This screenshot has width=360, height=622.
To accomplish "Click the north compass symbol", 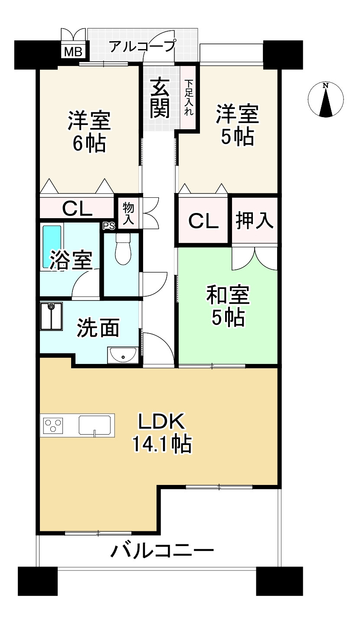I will click(x=325, y=99).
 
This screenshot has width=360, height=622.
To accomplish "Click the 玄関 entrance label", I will click(x=160, y=98).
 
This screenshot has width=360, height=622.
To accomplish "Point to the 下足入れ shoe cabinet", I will click(x=189, y=97).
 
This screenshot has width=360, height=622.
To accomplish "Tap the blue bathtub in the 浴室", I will click(x=52, y=246).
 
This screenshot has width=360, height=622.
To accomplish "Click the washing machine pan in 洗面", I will click(x=51, y=316).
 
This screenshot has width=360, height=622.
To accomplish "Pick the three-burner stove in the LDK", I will click(x=52, y=425).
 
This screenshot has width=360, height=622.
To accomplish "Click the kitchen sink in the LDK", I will click(x=95, y=425).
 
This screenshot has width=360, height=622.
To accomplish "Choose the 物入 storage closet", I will click(x=128, y=213).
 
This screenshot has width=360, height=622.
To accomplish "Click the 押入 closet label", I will click(x=254, y=221).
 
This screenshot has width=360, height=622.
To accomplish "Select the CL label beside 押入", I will click(x=203, y=222).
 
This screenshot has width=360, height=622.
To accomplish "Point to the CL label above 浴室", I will click(x=77, y=209).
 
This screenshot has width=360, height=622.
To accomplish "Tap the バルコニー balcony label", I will click(x=162, y=551).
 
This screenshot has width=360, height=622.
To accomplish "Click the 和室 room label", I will click(x=227, y=297).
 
